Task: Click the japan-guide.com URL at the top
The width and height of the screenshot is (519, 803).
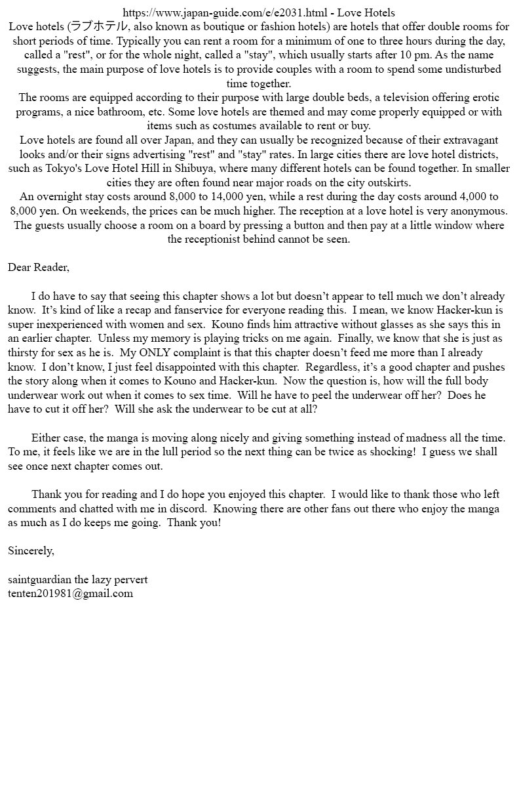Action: click(x=225, y=12)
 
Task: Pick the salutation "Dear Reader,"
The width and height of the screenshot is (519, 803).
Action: click(x=39, y=267)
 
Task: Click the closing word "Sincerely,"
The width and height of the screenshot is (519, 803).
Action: click(x=31, y=550)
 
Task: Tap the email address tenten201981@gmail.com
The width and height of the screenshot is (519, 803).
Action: click(x=70, y=593)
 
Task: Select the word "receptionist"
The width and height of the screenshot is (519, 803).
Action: click(x=217, y=239)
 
